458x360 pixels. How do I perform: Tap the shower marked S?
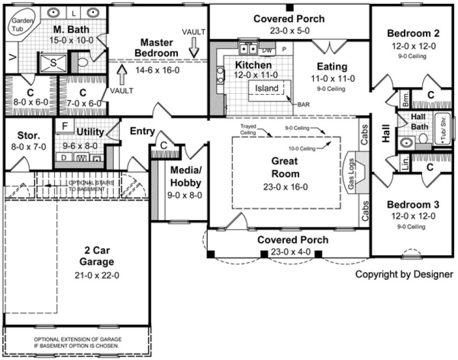[x=53, y=62]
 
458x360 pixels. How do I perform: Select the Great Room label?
[x=286, y=167]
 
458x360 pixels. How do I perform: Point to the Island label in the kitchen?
[x=267, y=88]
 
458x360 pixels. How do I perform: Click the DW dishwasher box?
[x=267, y=50]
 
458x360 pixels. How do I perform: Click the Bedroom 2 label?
[x=413, y=34]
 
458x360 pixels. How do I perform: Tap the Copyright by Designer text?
[x=404, y=274]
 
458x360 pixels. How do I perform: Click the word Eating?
[x=332, y=67]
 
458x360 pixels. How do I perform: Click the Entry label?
[x=143, y=131]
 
